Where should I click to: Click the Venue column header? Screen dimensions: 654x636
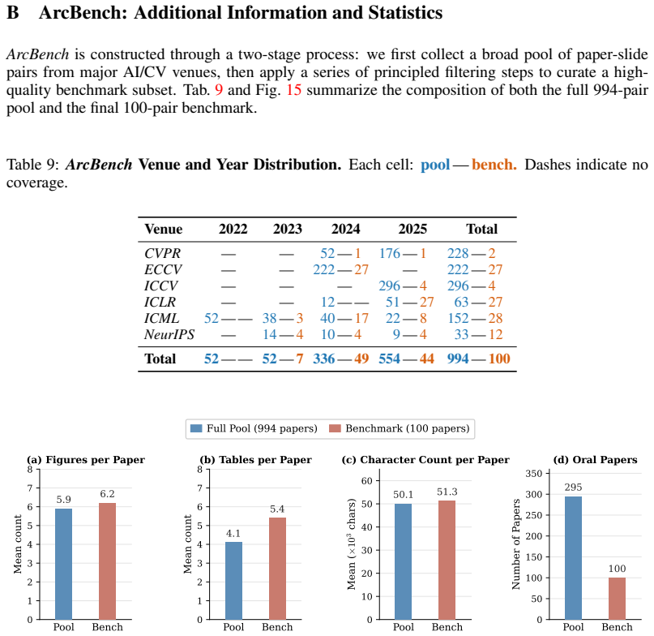coord(163,229)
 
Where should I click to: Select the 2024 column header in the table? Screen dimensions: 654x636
coord(345,229)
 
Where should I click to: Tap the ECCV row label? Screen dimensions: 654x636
coord(163,269)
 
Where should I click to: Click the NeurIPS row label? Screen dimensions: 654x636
coord(169,334)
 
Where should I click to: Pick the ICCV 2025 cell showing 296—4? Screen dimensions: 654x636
coord(403,286)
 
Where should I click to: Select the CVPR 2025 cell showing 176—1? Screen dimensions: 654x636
coord(403,253)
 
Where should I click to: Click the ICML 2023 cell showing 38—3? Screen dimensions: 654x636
coord(282,318)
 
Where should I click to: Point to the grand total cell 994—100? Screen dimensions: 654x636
coord(478,359)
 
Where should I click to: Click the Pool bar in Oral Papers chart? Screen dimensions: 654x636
coord(573,558)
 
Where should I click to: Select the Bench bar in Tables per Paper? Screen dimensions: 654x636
coord(277,569)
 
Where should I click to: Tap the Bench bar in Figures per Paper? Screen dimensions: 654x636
coord(107,561)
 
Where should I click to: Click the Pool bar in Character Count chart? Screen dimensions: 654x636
coord(403,561)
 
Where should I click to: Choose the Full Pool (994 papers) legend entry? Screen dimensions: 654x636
coord(254,428)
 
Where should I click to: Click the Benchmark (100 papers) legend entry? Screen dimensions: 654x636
coord(400,428)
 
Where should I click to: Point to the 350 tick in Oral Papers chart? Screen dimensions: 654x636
coord(534,474)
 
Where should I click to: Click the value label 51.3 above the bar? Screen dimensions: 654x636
coord(447,492)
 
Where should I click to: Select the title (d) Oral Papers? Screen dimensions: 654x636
coord(595,460)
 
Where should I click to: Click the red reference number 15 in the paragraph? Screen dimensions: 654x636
coord(293,90)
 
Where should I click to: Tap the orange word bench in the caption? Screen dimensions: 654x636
coord(494,165)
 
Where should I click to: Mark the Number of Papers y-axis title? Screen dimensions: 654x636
coord(516,544)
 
